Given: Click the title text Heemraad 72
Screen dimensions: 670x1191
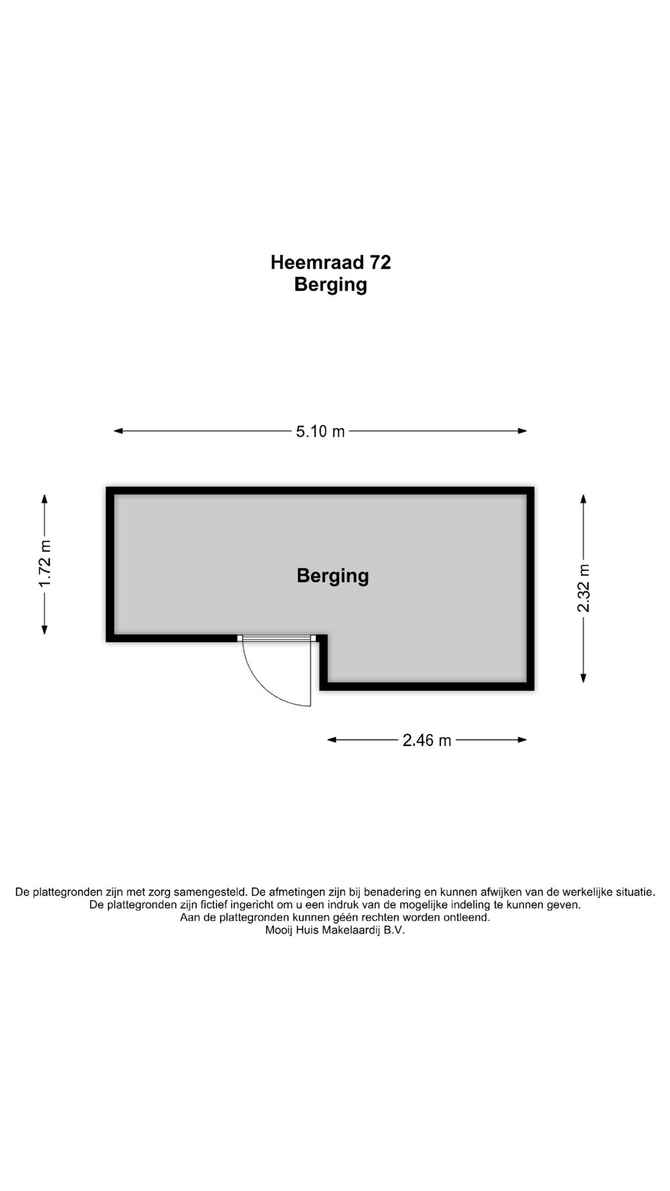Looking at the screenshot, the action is [331, 262].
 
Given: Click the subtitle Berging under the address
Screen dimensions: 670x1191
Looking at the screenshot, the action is [331, 285].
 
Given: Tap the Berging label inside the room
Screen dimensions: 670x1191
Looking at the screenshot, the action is [333, 576].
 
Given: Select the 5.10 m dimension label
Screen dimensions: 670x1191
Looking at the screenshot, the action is [320, 431].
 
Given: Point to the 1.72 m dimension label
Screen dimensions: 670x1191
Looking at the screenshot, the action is [45, 564].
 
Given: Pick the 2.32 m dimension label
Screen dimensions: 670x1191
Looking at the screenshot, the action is [584, 588].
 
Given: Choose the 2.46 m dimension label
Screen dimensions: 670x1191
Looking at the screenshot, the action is [427, 740].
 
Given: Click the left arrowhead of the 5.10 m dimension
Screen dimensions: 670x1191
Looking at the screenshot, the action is [118, 431].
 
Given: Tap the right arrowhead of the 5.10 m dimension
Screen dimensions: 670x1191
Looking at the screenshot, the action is [522, 431].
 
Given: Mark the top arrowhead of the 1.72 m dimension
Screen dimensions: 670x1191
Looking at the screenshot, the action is [45, 499].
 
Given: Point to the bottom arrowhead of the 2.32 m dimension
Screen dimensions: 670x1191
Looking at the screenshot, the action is [583, 678].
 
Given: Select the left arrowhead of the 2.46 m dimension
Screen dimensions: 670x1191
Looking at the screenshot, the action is [332, 739].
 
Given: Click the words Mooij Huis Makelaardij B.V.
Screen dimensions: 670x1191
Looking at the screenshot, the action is [335, 930].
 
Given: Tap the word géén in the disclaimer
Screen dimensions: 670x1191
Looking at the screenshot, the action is [346, 917].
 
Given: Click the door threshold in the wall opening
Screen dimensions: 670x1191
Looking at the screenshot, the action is [277, 638].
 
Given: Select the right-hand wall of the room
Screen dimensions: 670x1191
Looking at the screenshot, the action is [530, 589].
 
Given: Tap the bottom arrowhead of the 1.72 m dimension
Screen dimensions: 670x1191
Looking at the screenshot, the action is [45, 630].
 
